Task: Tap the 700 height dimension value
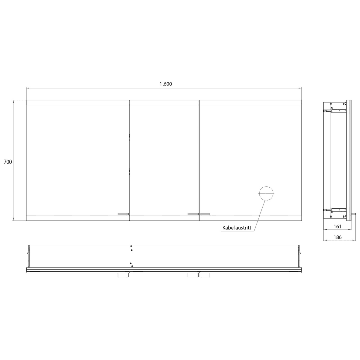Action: (7, 161)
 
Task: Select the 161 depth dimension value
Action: (337, 226)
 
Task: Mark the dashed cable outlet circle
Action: (266, 194)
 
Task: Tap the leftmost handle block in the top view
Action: (123, 276)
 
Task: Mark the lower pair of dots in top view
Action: (132, 265)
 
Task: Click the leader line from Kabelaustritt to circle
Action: (259, 213)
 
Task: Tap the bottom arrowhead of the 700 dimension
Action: (13, 219)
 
